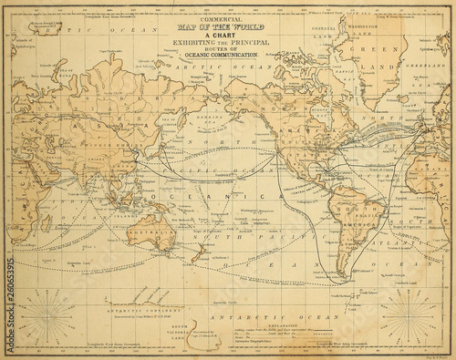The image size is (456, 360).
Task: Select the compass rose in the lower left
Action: pyautogui.click(x=47, y=316)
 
